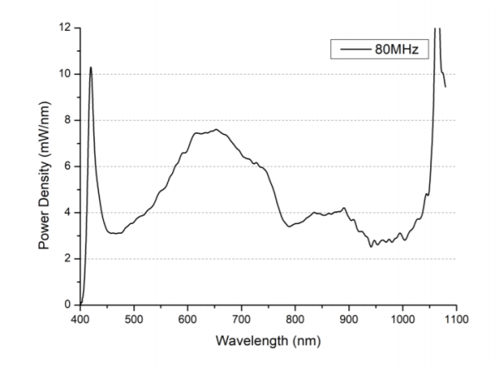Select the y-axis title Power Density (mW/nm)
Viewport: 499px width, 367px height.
42,166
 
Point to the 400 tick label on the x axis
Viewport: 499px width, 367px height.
80,318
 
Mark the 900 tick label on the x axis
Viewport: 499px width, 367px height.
349,318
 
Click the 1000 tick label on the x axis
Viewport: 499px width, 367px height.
403,318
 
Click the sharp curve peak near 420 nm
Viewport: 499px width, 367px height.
91,67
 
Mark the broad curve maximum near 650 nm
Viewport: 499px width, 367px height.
215,129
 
